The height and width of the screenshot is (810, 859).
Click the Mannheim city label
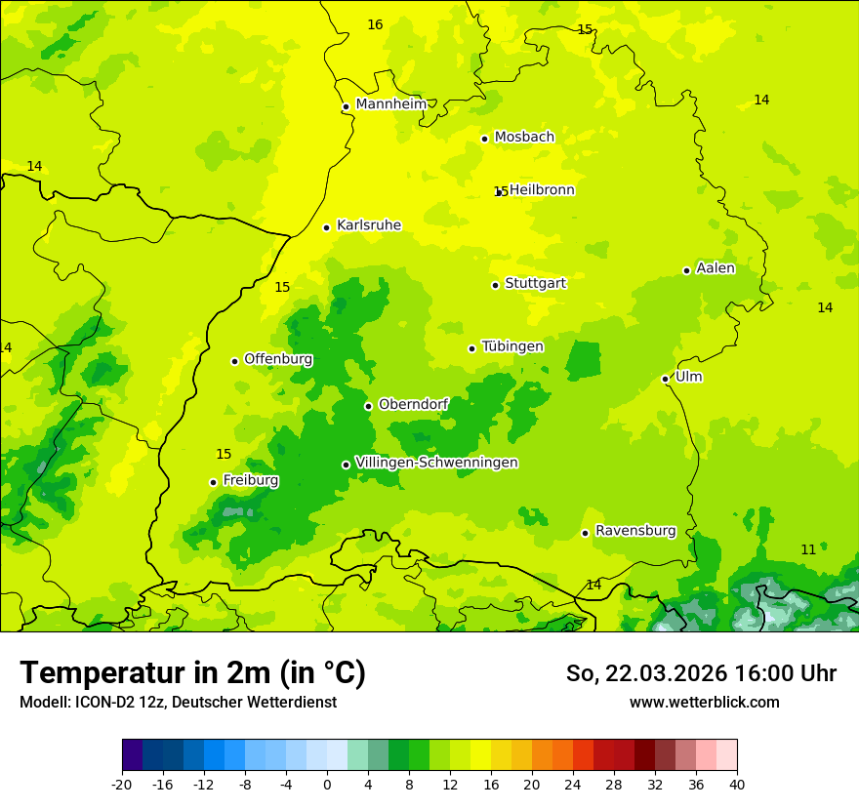tap(390, 104)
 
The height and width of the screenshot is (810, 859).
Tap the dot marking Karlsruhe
tap(326, 227)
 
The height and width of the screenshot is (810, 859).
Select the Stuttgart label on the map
tap(535, 284)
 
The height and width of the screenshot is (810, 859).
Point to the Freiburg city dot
tap(213, 482)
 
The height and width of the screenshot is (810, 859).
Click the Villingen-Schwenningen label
tap(436, 463)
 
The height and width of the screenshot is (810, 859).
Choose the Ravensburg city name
tap(635, 531)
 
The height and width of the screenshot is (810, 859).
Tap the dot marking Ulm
tap(665, 379)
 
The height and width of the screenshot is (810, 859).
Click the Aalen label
tap(716, 268)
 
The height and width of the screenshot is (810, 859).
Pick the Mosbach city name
tap(524, 138)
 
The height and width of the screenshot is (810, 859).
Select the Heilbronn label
tap(542, 190)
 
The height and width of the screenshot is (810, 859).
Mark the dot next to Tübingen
tap(471, 348)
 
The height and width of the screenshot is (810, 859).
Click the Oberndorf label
tap(413, 404)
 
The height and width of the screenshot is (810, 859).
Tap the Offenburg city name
tap(278, 359)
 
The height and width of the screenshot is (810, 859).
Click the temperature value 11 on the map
tap(808, 550)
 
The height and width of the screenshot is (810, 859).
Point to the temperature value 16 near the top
tap(375, 24)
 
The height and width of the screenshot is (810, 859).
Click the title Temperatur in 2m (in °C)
tap(192, 673)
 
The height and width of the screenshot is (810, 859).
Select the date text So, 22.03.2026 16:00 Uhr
tap(701, 673)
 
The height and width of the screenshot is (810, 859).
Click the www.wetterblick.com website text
tap(704, 703)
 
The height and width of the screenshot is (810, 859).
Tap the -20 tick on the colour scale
tap(122, 784)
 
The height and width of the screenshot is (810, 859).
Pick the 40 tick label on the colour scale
tap(737, 784)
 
